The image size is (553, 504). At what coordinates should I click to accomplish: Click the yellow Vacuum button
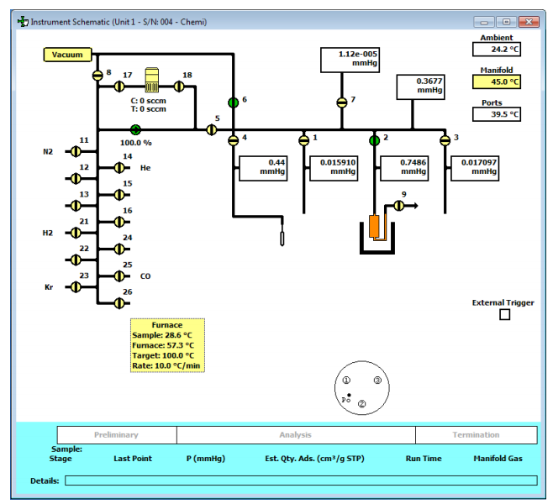(x=67, y=55)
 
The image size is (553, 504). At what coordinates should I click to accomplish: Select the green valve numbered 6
(x=233, y=102)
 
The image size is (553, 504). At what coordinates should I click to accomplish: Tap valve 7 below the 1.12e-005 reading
(x=341, y=102)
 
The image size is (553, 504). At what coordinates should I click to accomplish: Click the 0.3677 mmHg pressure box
(x=420, y=87)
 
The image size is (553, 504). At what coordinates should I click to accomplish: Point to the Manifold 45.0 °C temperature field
(x=496, y=81)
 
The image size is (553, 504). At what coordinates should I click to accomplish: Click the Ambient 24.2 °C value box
(x=496, y=50)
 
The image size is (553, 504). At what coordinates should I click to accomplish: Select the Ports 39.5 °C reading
(x=496, y=114)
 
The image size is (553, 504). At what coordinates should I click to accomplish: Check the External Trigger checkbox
(x=504, y=315)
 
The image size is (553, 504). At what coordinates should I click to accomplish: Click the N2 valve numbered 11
(x=76, y=152)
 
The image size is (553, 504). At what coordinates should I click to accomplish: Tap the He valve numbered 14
(x=119, y=168)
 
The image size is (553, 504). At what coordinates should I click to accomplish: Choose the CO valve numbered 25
(x=119, y=276)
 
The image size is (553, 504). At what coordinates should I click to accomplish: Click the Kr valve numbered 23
(x=76, y=287)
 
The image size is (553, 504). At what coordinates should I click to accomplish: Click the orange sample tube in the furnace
(x=375, y=228)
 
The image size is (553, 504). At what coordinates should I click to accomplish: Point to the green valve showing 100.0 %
(x=135, y=129)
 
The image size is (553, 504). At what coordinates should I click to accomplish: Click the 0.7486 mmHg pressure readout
(x=404, y=167)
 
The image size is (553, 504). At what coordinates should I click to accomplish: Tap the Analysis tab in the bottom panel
(x=295, y=435)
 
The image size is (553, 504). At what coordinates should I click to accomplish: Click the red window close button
(x=529, y=22)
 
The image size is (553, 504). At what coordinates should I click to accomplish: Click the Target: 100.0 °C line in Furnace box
(x=163, y=354)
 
